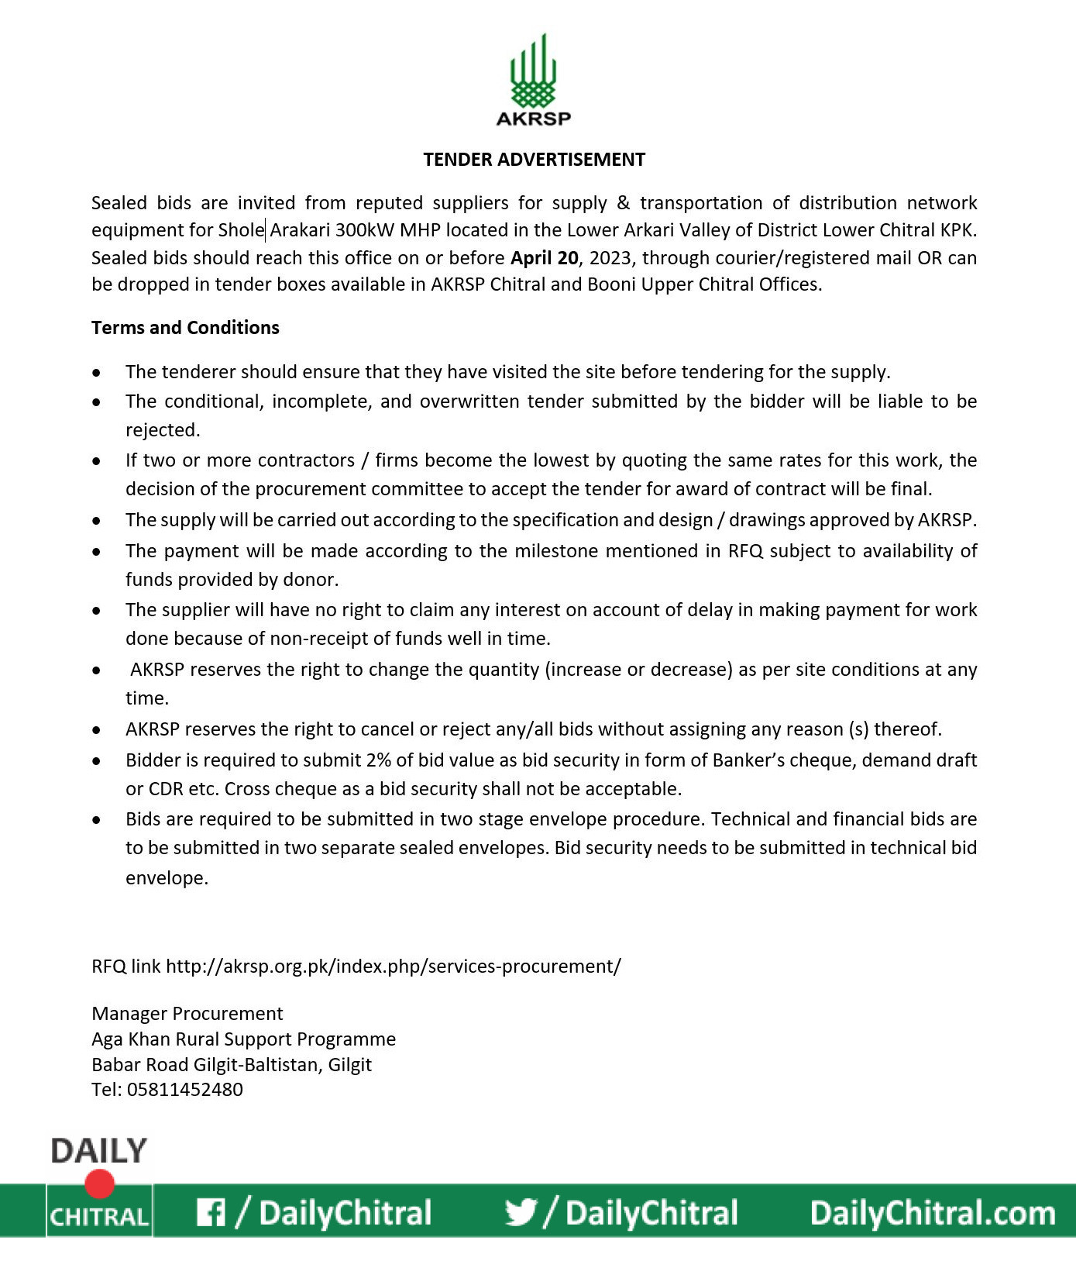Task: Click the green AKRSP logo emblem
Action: (x=533, y=71)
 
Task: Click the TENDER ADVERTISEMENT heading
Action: (x=534, y=160)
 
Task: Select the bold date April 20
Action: (x=544, y=258)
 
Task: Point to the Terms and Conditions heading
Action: (x=185, y=328)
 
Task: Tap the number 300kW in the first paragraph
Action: (x=365, y=230)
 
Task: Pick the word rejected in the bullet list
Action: (x=162, y=430)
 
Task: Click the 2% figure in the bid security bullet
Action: (x=378, y=760)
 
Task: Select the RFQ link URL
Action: (x=394, y=967)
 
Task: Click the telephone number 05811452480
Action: (x=184, y=1090)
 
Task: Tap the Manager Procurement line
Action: (x=187, y=1014)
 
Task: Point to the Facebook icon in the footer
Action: (x=211, y=1212)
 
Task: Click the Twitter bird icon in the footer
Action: (x=521, y=1212)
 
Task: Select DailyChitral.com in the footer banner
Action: (x=933, y=1213)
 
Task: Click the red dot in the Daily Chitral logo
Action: (x=100, y=1184)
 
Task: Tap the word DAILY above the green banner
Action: (x=98, y=1152)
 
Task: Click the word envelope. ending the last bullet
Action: (x=167, y=878)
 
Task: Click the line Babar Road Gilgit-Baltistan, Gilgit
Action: (x=232, y=1065)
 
